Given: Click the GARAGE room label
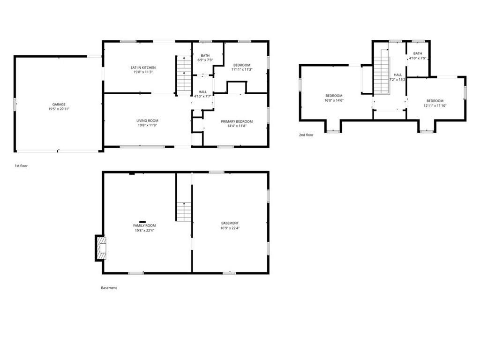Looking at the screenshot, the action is click(x=59, y=105).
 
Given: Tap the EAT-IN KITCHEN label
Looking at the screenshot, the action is click(x=143, y=67).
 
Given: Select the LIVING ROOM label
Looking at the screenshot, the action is click(x=147, y=120).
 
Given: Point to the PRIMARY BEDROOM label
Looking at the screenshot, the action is click(x=237, y=121).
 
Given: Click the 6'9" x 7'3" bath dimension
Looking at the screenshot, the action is click(x=205, y=60).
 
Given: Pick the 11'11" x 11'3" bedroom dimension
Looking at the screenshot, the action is click(x=242, y=69).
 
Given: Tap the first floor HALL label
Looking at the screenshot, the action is click(x=202, y=92).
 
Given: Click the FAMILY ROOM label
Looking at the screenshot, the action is click(x=144, y=225).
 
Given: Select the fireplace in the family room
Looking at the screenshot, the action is click(x=101, y=248).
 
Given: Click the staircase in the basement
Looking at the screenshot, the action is click(x=184, y=211).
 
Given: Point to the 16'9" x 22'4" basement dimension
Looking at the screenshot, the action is click(x=230, y=228).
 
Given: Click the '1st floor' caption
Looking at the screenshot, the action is click(x=21, y=166).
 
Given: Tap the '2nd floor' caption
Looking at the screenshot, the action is click(x=306, y=135).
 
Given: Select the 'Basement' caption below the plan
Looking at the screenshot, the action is click(x=109, y=288).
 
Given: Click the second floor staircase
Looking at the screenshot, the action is click(x=382, y=75).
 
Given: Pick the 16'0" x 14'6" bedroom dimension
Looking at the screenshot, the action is click(x=334, y=100).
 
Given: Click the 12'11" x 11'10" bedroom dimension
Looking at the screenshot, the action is click(x=435, y=105).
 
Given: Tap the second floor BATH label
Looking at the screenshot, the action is click(x=418, y=53).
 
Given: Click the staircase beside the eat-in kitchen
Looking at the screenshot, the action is click(x=184, y=75).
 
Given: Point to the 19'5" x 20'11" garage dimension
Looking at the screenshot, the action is click(x=59, y=109).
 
